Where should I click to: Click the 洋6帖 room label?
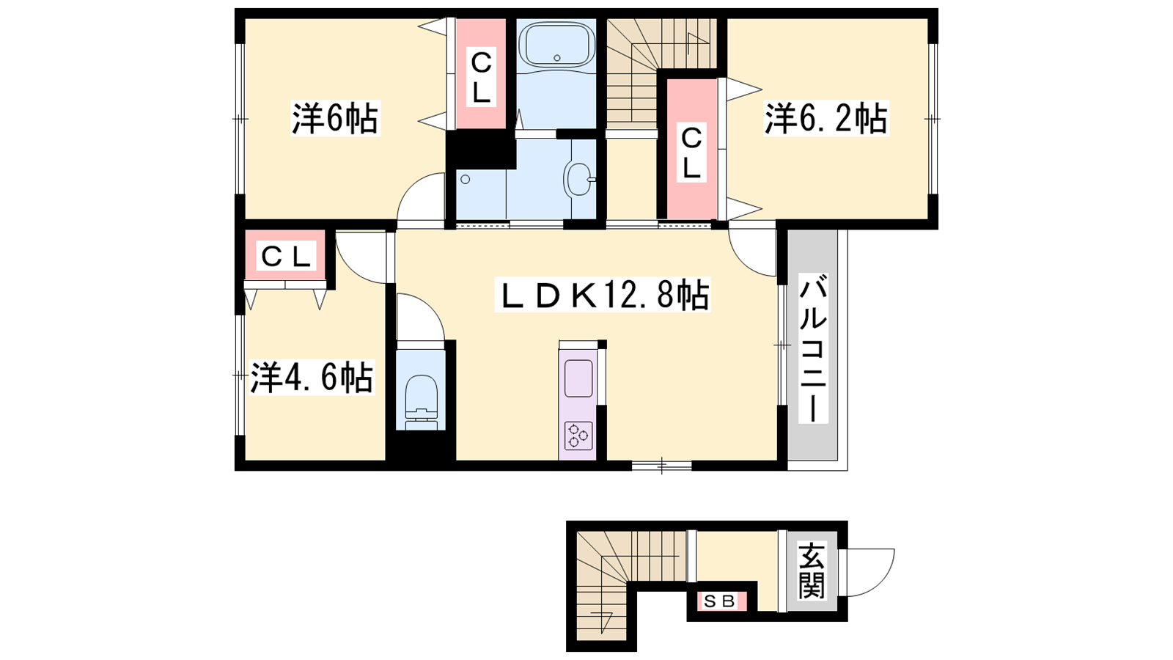pos(335,119)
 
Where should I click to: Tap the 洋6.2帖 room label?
pos(826,119)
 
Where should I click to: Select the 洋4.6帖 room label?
pos(311,377)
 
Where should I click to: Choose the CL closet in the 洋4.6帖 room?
pos(286,257)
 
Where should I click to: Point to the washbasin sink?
pos(578,179)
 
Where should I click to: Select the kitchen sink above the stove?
pos(578,378)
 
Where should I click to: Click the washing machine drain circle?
pos(465,179)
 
